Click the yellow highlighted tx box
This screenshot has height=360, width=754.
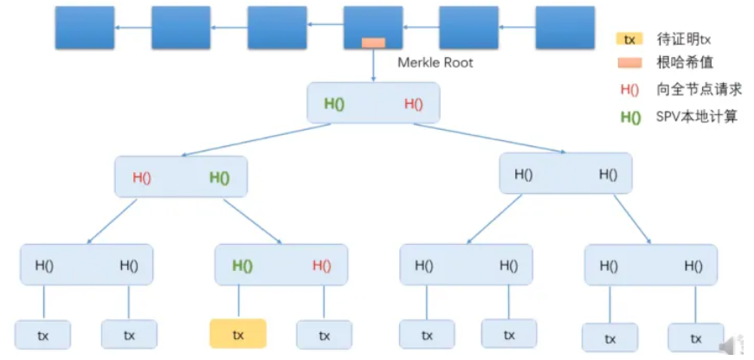click(237, 334)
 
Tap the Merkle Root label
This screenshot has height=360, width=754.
click(435, 63)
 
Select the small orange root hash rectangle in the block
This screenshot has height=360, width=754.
click(373, 42)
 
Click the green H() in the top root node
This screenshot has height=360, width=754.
click(334, 104)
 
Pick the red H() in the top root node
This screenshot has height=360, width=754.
click(414, 104)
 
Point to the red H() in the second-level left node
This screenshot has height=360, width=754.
click(142, 177)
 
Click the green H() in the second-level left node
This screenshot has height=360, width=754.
click(219, 177)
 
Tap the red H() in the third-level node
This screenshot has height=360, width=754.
click(321, 266)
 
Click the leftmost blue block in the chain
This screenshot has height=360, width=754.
click(85, 28)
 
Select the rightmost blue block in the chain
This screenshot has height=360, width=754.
click(564, 28)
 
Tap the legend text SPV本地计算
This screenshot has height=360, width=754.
click(696, 116)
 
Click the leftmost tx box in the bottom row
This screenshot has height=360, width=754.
click(42, 335)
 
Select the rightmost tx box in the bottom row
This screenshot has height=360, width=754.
click(696, 337)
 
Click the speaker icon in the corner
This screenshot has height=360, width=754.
click(736, 342)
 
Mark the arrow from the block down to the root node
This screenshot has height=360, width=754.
click(373, 66)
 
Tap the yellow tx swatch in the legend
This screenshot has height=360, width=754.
click(628, 40)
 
